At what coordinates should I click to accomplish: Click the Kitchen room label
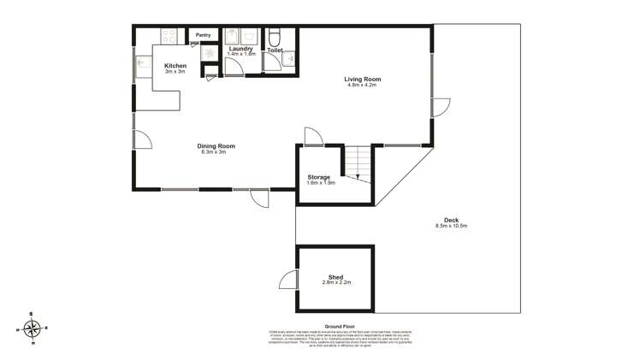pos(175,66)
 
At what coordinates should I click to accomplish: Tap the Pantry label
pos(203,35)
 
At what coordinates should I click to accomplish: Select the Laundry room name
pos(240,49)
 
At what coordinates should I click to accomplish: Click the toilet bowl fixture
pos(275,38)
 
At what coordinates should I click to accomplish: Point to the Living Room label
pos(360,80)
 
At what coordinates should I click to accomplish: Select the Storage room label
pos(319,177)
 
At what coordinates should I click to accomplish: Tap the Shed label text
pos(335,276)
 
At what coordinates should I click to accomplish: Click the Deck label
pos(451,220)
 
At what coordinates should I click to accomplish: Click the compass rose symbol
pos(33,328)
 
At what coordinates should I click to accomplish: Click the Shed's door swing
pos(288,280)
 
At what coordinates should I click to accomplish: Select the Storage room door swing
pos(313,137)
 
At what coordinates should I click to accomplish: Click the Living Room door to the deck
pos(440,107)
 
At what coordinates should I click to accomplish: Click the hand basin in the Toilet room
pos(291,59)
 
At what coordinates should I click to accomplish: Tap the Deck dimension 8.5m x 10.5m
pos(451,226)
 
